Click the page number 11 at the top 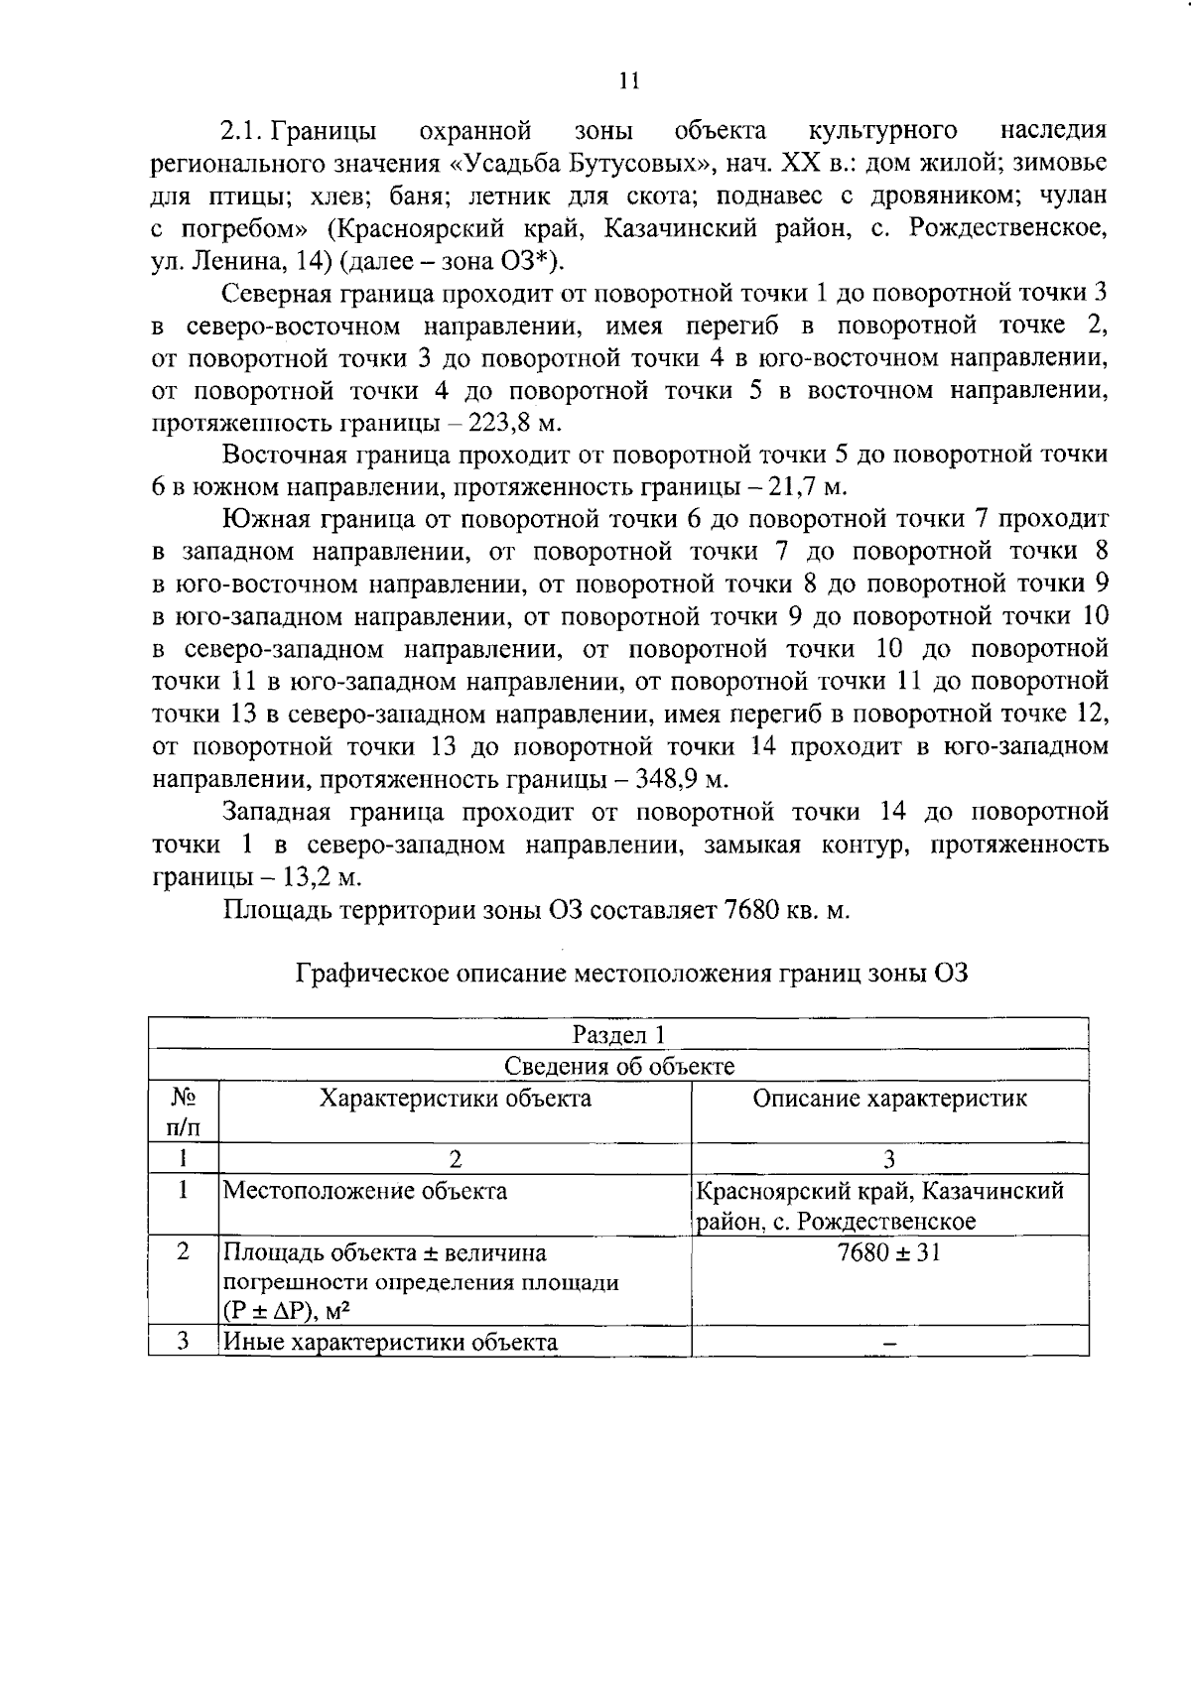[x=629, y=81]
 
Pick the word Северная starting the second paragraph [x=284, y=293]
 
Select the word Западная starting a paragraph [x=283, y=812]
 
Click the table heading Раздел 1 [x=618, y=1034]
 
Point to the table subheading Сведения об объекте [x=619, y=1066]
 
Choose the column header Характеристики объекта [x=455, y=1098]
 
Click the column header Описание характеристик [x=889, y=1098]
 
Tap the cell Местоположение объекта [x=364, y=1191]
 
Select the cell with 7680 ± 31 [x=889, y=1252]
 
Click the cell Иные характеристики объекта [x=390, y=1343]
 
